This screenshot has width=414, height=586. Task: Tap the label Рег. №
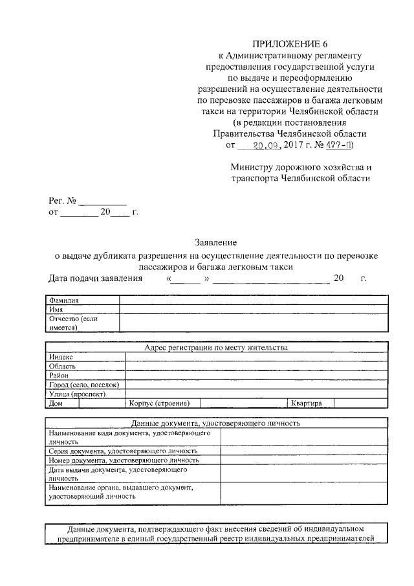(62, 200)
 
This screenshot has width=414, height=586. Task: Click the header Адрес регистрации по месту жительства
(216, 347)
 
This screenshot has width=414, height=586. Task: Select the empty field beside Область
(256, 366)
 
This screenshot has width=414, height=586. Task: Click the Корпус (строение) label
(159, 403)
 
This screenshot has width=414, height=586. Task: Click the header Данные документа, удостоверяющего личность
(216, 423)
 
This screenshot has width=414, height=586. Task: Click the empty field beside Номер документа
(303, 460)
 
